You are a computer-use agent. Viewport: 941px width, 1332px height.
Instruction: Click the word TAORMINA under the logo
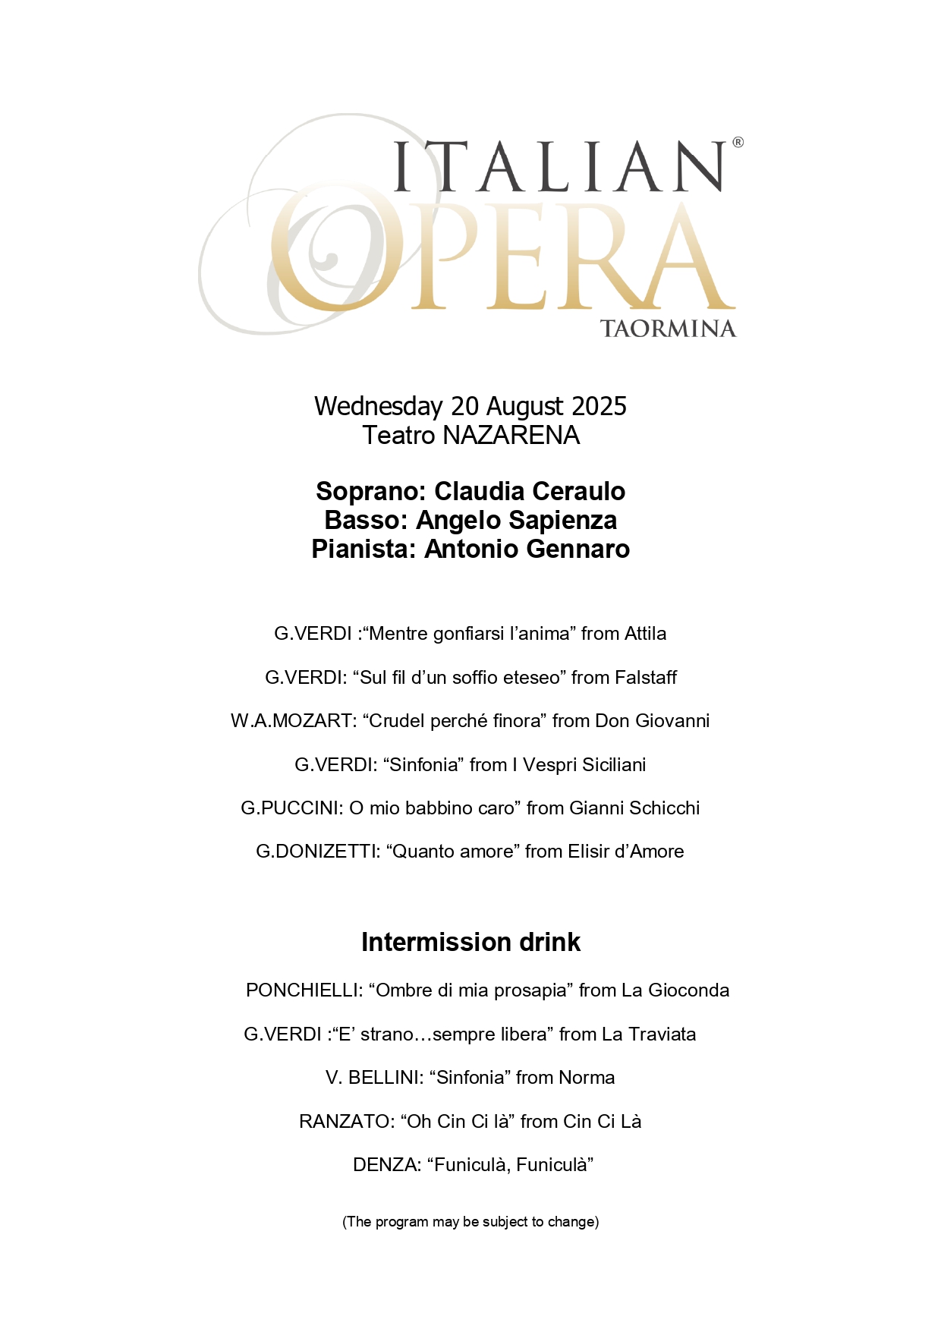tap(668, 329)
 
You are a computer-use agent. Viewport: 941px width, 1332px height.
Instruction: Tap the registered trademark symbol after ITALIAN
tap(738, 142)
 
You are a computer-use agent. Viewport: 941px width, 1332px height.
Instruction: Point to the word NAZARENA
tap(511, 436)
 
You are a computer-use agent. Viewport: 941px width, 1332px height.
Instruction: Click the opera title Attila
tap(644, 634)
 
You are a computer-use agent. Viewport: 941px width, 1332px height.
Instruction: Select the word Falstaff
tap(646, 678)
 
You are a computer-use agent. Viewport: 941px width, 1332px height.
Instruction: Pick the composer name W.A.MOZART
tap(293, 721)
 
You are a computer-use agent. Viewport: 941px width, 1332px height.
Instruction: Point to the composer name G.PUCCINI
tap(291, 808)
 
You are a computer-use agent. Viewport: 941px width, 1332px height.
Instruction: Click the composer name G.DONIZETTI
tap(317, 852)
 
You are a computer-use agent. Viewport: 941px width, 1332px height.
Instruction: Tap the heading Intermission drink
tap(470, 942)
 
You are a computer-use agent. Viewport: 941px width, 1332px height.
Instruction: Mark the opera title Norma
tap(587, 1078)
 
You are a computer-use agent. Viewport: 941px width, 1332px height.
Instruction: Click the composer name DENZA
tap(386, 1165)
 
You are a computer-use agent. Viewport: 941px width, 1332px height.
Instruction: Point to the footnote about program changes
tap(470, 1222)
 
